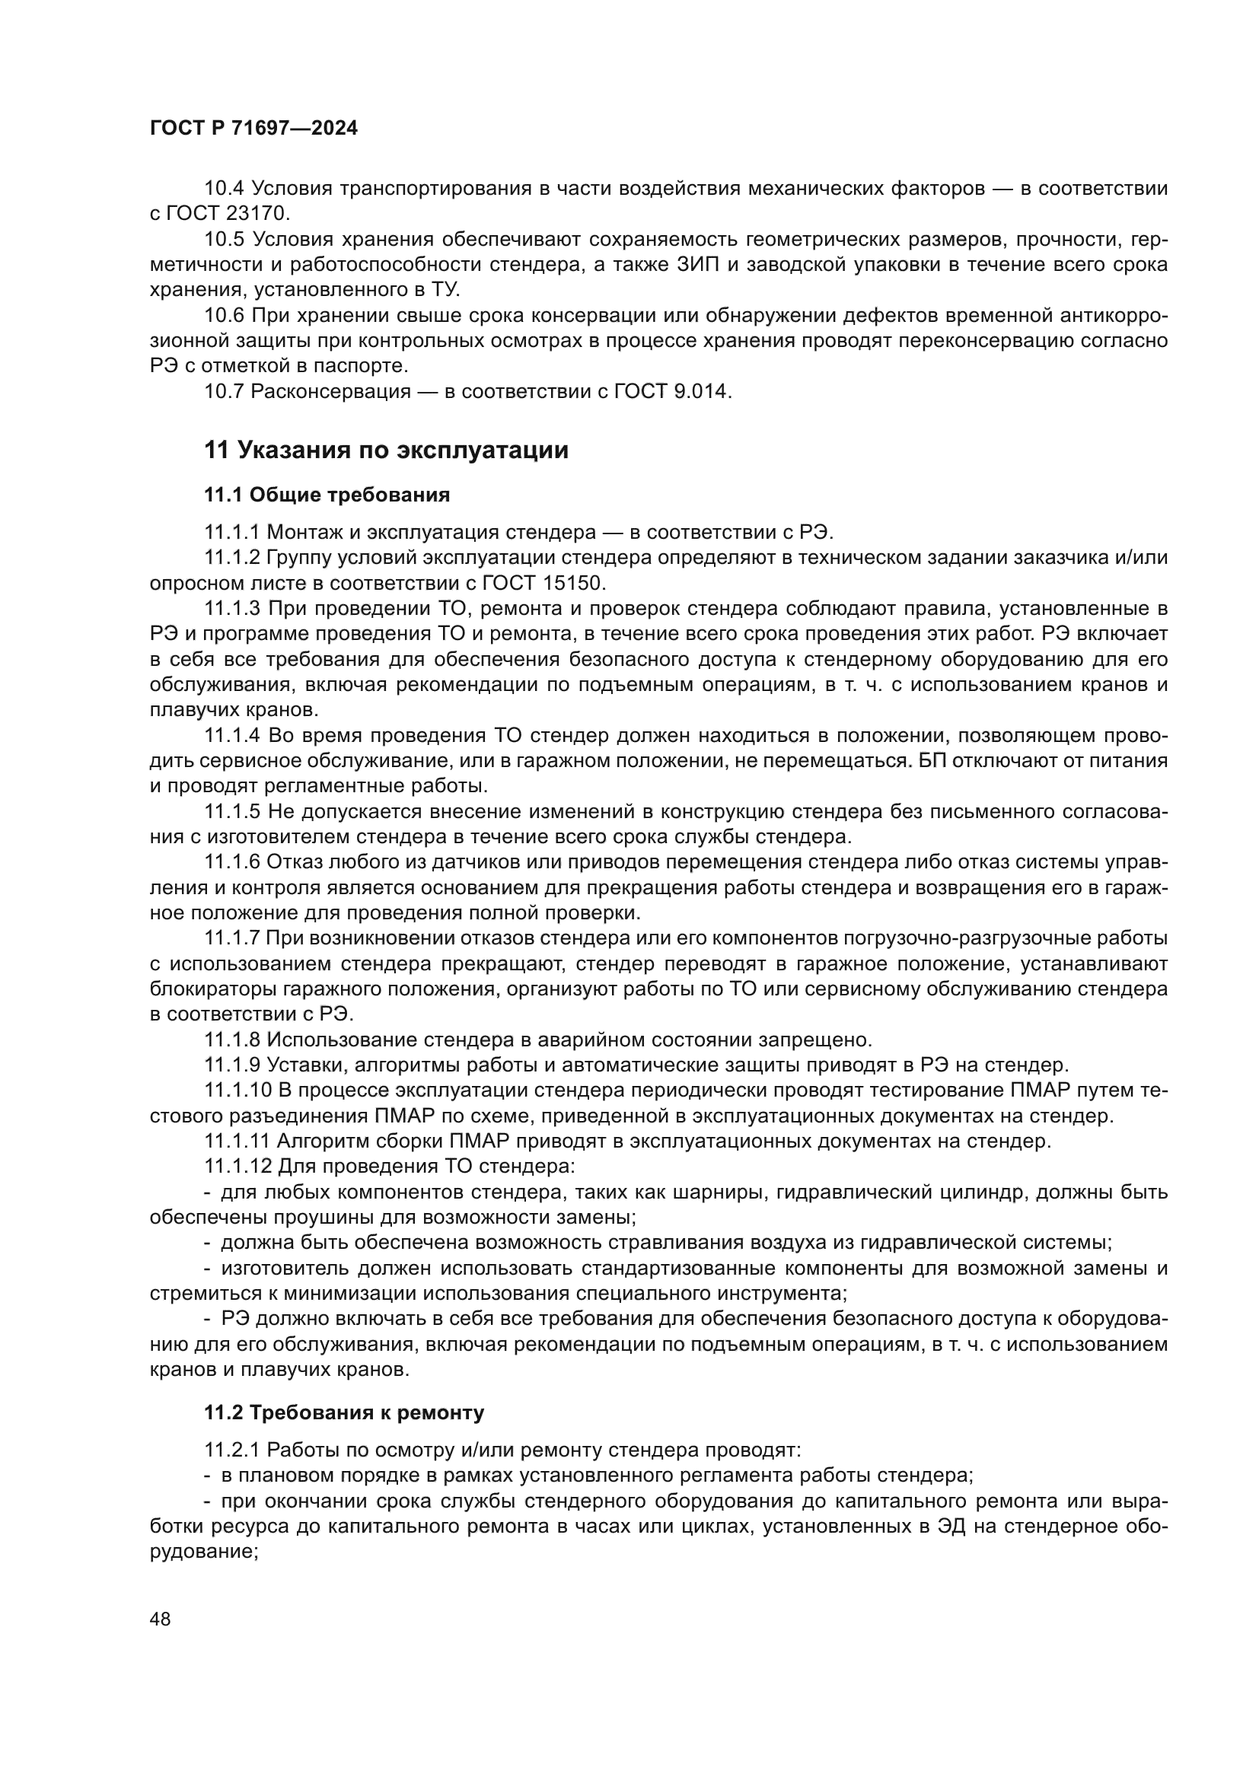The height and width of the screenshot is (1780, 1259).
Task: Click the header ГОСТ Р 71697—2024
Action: point(253,129)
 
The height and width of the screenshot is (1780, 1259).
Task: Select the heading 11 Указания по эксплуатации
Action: point(386,451)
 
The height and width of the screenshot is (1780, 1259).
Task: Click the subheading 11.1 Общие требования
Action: point(327,495)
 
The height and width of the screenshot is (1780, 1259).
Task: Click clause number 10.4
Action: point(225,189)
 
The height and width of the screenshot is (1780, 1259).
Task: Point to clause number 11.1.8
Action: point(233,1039)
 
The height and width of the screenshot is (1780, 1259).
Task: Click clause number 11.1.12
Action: point(238,1166)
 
